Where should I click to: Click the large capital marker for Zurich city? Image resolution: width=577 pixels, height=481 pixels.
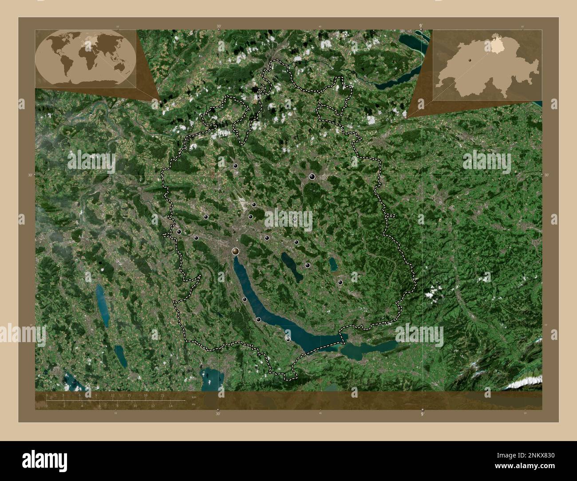pyautogui.click(x=235, y=251)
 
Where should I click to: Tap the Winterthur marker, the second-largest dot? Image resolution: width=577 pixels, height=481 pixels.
pyautogui.click(x=312, y=177)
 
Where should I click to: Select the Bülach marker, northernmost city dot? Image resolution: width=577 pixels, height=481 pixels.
pyautogui.click(x=235, y=166)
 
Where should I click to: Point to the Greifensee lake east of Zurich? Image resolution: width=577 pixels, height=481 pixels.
pyautogui.click(x=292, y=267)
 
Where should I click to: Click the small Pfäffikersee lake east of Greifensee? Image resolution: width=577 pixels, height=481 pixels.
pyautogui.click(x=333, y=264)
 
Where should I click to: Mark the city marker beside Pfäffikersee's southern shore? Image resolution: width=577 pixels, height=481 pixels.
pyautogui.click(x=340, y=282)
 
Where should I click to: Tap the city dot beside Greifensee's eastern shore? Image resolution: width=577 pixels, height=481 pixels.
pyautogui.click(x=307, y=265)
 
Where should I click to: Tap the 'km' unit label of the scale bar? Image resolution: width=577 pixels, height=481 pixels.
pyautogui.click(x=193, y=397)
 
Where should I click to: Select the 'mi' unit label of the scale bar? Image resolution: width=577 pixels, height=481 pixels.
pyautogui.click(x=193, y=404)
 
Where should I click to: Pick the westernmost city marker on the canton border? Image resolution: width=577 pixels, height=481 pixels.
pyautogui.click(x=179, y=232)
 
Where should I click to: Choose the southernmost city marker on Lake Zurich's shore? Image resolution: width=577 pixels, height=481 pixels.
pyautogui.click(x=288, y=339)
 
